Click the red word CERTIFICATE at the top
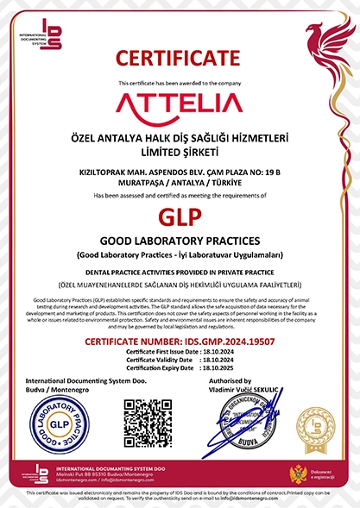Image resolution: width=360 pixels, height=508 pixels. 180,59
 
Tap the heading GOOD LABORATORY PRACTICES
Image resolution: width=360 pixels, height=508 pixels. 180,241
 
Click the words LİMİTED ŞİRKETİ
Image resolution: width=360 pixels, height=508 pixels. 180,151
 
